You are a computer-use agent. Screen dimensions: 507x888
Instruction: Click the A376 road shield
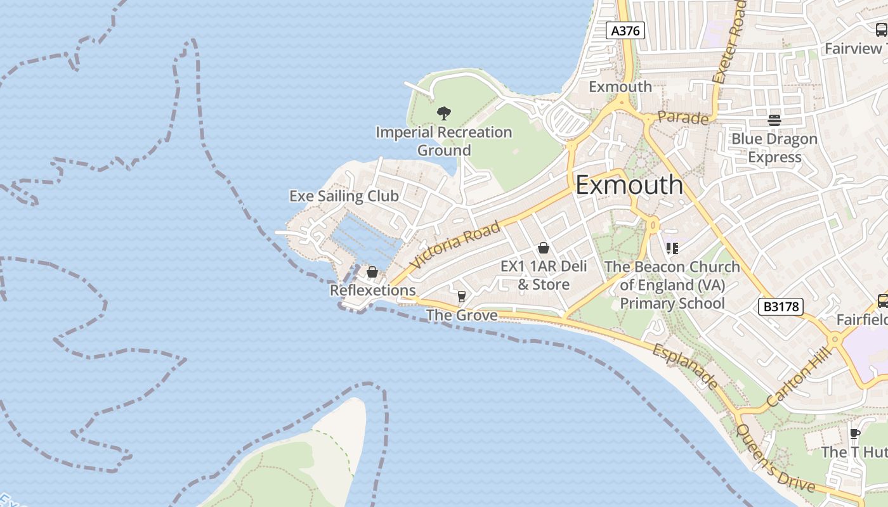coord(625,30)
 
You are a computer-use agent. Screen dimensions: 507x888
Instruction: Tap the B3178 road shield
coord(781,307)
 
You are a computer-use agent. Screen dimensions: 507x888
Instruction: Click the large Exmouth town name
coord(629,185)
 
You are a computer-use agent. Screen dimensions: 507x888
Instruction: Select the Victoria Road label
coord(455,245)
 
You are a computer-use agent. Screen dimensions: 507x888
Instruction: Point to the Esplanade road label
coord(684,367)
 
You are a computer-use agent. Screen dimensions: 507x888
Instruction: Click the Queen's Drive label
coord(774,458)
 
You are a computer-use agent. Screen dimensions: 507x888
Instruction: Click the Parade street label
coord(682,118)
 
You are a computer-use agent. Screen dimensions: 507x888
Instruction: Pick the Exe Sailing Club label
coord(344,196)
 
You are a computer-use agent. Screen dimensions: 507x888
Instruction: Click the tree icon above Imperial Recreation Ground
coord(444,113)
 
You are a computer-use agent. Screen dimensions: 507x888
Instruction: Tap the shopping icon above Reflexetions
coord(372,272)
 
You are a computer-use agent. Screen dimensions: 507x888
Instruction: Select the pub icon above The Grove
coord(462,296)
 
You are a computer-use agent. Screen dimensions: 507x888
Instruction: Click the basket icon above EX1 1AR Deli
coord(543,248)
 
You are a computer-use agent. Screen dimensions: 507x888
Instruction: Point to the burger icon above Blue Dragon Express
coord(774,120)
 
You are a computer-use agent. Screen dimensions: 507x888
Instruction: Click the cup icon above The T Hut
coord(854,433)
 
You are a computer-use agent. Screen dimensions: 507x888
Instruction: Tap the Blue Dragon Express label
coord(774,148)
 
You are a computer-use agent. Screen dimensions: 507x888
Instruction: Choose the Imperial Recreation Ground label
coord(444,141)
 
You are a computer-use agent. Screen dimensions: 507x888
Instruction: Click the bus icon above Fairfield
coord(882,300)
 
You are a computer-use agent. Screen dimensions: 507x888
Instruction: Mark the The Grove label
coord(462,315)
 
